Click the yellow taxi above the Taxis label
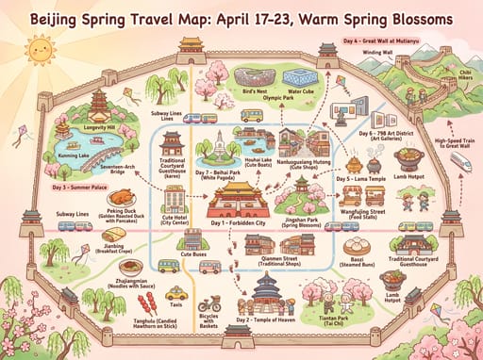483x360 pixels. coord(173,293)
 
